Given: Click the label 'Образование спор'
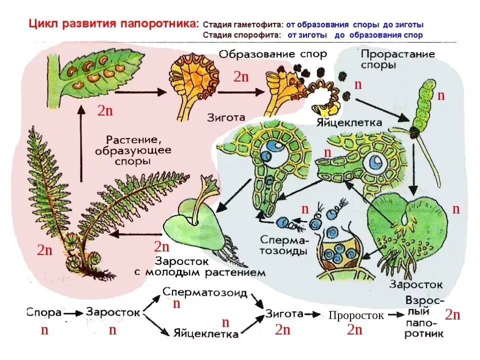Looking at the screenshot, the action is [x=272, y=53].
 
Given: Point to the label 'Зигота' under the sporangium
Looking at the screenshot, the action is [x=226, y=118].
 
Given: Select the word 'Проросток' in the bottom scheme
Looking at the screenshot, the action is [x=356, y=315].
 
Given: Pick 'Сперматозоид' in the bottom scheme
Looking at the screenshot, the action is [x=205, y=292].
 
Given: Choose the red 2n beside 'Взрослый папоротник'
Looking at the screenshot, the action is [x=452, y=314].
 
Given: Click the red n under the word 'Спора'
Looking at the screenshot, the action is [x=44, y=330].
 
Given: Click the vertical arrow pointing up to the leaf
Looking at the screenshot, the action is [x=81, y=145].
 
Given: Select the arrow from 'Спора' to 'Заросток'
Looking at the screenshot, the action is [x=74, y=313].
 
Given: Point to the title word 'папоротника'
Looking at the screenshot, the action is [x=158, y=23].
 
